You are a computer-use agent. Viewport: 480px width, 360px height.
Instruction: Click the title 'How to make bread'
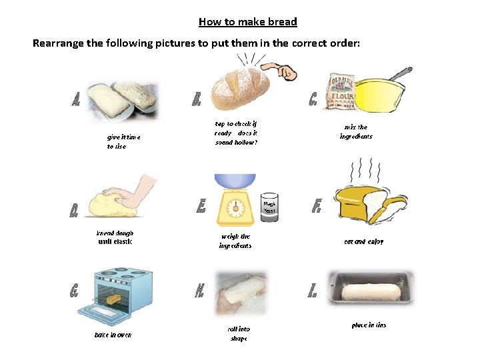(x=247, y=22)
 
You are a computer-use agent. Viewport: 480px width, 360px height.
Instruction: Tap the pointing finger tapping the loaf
(x=280, y=71)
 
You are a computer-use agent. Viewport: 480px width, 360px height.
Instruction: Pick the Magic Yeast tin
(x=269, y=207)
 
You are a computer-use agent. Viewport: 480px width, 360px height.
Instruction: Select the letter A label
(x=77, y=100)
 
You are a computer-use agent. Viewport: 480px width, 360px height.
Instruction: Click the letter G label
(x=75, y=291)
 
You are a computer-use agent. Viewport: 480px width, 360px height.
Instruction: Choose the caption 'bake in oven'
(x=113, y=335)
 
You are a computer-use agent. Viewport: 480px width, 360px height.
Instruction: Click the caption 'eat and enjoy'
(x=363, y=241)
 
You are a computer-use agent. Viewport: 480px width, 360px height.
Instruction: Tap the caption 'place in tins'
(x=369, y=325)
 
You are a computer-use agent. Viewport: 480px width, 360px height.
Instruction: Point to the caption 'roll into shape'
(x=239, y=333)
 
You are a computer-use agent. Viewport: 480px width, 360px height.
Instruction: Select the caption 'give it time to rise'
(x=123, y=141)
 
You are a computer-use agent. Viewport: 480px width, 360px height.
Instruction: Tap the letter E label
(x=201, y=207)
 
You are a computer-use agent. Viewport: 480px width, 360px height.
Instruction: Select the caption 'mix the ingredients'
(x=356, y=131)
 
